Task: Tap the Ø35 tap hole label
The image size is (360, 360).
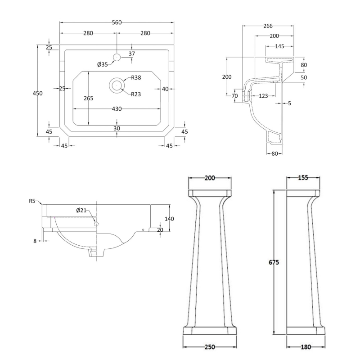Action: [103, 64]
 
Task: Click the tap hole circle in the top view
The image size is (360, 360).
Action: [117, 57]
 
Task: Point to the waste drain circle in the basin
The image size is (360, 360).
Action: [117, 84]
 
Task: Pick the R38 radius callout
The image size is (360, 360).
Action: [136, 78]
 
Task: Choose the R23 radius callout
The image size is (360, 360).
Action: [136, 94]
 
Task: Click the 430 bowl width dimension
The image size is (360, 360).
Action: [117, 109]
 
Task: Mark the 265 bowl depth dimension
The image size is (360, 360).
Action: [88, 98]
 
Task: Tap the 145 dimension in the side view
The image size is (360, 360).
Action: [279, 46]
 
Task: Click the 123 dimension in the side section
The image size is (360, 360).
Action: [263, 95]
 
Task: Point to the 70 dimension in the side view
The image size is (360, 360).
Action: [234, 95]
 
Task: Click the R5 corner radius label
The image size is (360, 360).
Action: [32, 201]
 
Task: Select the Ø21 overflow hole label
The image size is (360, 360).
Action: [81, 210]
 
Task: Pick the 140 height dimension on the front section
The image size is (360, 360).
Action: [169, 219]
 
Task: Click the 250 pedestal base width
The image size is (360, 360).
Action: [210, 346]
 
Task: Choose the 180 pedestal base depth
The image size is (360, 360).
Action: [306, 346]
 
